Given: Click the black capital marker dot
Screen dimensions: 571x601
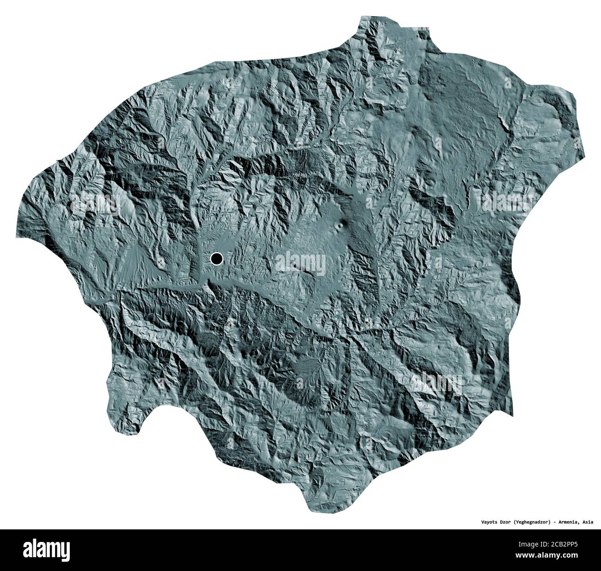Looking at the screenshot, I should point(216,259).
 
